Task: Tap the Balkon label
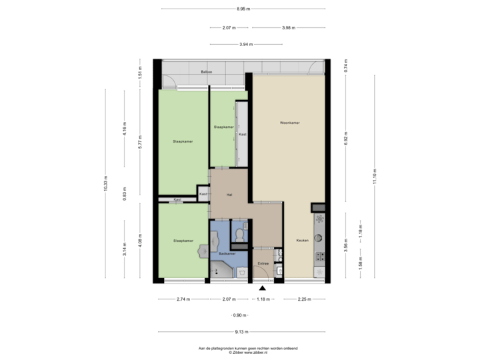coord(206,71)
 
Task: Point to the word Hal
coord(229,195)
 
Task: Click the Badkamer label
coord(227,254)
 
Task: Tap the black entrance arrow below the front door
coord(263,288)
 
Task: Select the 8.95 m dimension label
coord(243,9)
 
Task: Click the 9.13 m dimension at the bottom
coord(242,331)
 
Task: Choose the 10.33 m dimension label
coord(105,184)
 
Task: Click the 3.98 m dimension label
coord(289,28)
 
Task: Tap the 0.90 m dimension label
coord(238,315)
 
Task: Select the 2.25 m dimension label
coord(303,299)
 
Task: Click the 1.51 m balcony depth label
coord(139,72)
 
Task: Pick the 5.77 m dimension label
coord(139,142)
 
